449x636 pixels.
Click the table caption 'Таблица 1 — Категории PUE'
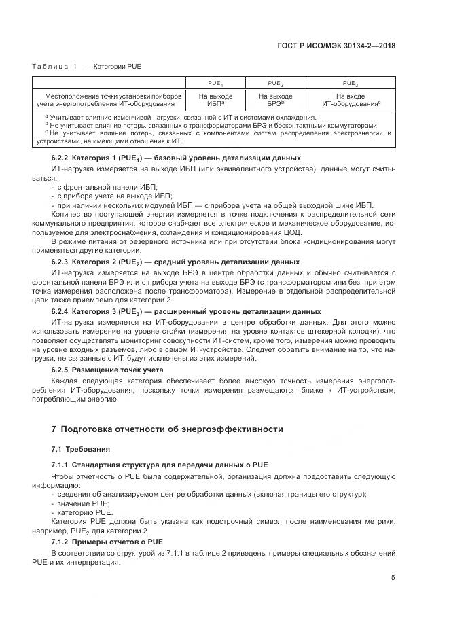click(x=86, y=66)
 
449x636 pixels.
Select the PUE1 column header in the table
click(x=215, y=82)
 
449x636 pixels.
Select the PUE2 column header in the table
click(x=275, y=82)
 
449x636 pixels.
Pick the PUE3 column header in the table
click(x=350, y=82)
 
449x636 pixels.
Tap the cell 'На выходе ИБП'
click(x=215, y=100)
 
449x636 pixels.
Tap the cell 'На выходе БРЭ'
click(x=275, y=100)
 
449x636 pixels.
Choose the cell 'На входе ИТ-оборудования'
click(x=350, y=100)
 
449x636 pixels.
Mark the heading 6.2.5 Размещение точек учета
click(x=107, y=370)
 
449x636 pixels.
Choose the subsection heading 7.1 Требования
click(x=75, y=449)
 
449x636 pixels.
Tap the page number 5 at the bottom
click(x=393, y=578)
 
